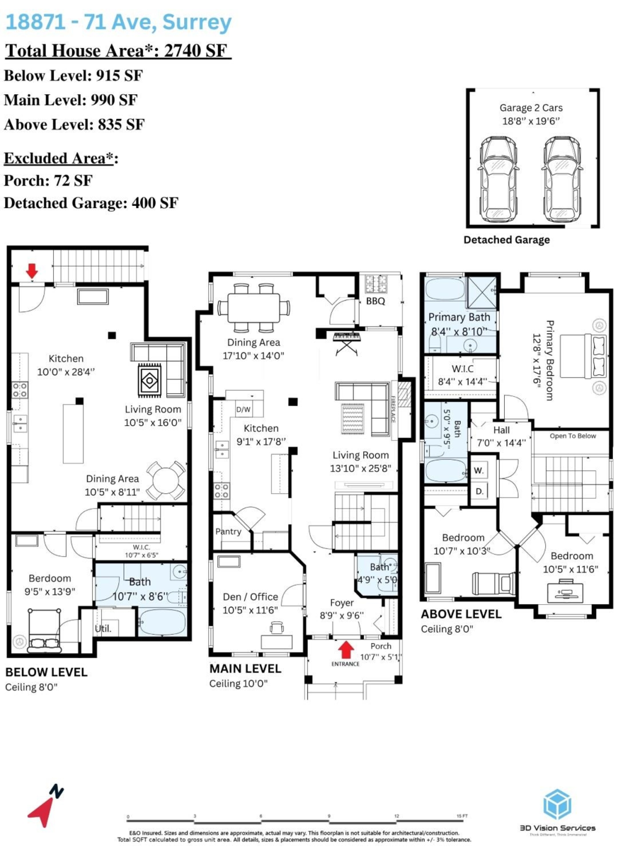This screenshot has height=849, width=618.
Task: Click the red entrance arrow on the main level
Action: click(x=346, y=648)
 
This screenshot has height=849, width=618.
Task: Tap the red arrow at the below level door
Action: click(x=32, y=270)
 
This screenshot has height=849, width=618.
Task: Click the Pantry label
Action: click(x=229, y=531)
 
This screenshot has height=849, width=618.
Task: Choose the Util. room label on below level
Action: click(x=104, y=628)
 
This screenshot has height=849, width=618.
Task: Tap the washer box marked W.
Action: click(x=479, y=470)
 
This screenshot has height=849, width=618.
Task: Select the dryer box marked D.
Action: click(x=479, y=490)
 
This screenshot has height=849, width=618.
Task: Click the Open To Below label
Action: click(x=573, y=436)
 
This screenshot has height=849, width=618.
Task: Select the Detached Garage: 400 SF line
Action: click(x=91, y=204)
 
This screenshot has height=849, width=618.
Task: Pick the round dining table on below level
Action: click(x=167, y=480)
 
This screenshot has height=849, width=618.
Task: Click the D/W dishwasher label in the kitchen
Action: click(x=243, y=409)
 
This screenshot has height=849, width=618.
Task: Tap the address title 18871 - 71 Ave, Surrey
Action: click(x=118, y=23)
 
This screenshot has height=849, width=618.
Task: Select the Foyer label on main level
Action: click(x=342, y=603)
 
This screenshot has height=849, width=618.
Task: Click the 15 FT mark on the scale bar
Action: click(x=463, y=816)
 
